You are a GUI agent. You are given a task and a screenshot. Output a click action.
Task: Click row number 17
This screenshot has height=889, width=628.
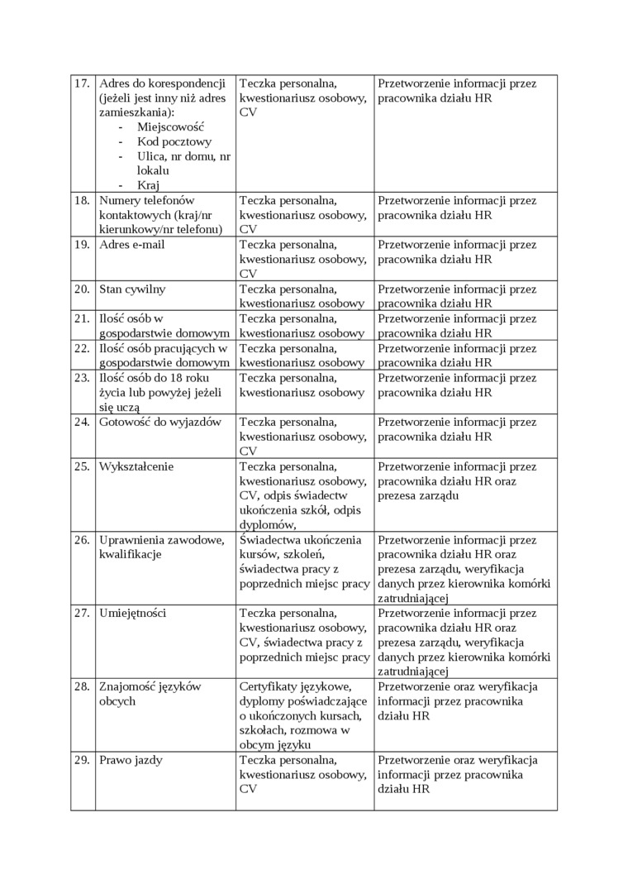tap(82, 84)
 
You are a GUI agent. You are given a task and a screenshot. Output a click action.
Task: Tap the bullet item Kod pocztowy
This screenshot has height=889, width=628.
tap(174, 141)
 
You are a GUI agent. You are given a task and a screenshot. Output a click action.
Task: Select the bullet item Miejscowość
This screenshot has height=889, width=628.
tap(170, 127)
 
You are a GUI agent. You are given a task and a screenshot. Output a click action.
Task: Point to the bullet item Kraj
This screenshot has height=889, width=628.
tap(148, 184)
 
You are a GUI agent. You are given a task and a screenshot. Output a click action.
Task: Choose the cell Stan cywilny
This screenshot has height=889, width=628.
tap(132, 289)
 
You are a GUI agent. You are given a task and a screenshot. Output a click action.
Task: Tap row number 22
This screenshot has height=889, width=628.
tap(82, 348)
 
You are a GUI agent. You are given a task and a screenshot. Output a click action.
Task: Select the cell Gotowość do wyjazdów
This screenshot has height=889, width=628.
tap(160, 422)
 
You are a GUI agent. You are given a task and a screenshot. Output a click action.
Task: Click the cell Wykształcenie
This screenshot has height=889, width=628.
tap(136, 466)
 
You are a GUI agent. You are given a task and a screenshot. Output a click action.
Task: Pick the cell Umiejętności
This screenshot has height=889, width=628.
tap(133, 614)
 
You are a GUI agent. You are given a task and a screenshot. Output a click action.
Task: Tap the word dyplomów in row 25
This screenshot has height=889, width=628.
tap(266, 524)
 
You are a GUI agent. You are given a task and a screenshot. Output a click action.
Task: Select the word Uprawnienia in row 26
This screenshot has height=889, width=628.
tap(131, 540)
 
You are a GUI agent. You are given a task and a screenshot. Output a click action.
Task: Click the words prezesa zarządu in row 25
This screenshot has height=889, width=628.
tap(417, 495)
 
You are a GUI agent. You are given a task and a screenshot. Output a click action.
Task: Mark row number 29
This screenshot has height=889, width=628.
tap(82, 760)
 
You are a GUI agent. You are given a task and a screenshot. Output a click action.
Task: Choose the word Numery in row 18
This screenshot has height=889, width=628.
tap(119, 201)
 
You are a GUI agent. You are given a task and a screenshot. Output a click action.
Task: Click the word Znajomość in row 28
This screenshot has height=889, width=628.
tap(128, 686)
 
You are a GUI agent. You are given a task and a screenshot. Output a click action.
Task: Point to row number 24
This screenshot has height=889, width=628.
tap(82, 422)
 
